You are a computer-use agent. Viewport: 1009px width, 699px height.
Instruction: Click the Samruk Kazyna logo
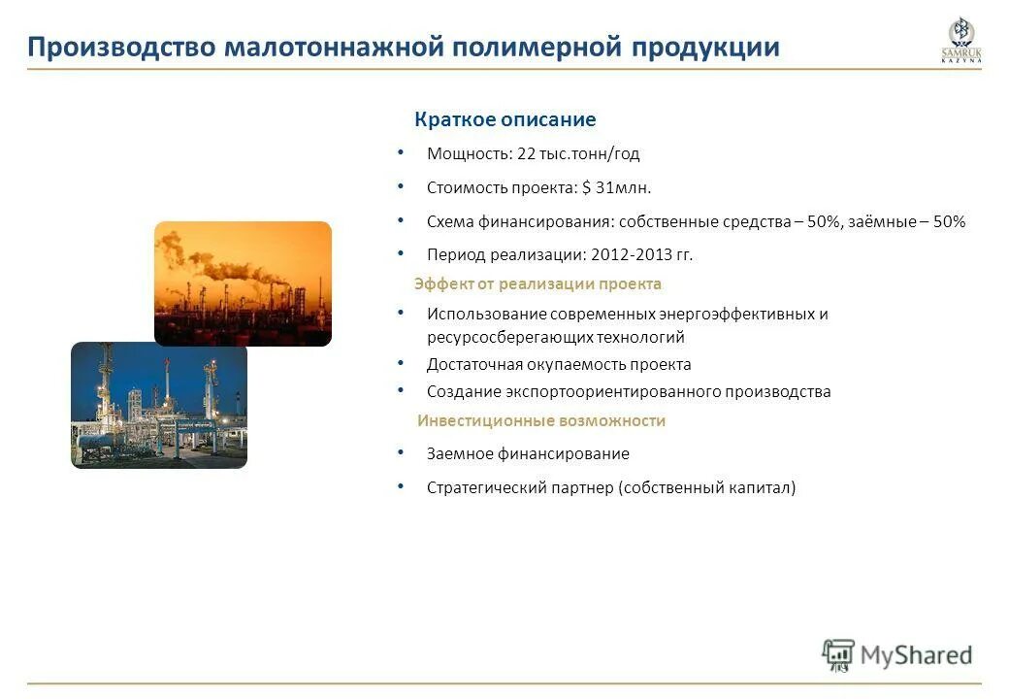click(x=960, y=41)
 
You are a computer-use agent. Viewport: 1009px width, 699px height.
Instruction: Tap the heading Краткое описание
click(x=504, y=119)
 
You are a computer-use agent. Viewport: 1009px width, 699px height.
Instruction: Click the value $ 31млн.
click(x=617, y=187)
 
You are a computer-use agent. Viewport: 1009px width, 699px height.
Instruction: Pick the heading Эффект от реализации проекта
click(x=537, y=284)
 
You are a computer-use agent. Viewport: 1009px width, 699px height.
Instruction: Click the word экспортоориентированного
click(x=615, y=392)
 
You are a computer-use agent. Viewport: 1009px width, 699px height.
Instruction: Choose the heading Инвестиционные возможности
click(x=541, y=421)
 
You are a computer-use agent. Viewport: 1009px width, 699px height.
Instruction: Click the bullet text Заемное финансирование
click(x=528, y=453)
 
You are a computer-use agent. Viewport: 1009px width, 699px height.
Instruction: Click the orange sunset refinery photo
click(x=243, y=283)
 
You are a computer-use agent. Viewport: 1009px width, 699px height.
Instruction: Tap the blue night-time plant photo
click(x=159, y=405)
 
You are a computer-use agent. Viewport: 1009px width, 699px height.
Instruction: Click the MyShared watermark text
click(x=916, y=655)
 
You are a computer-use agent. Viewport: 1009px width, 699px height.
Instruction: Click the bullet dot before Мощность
click(x=401, y=152)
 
